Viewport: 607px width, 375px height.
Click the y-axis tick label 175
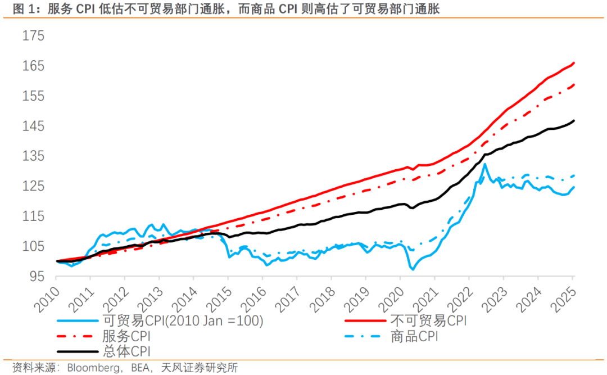click(33, 37)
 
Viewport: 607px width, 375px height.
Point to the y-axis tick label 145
click(33, 126)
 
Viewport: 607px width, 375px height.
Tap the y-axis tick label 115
click(33, 216)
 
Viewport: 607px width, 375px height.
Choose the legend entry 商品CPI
click(414, 336)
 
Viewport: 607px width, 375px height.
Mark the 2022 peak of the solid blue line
click(484, 164)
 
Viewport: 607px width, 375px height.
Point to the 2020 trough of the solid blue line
click(413, 269)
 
